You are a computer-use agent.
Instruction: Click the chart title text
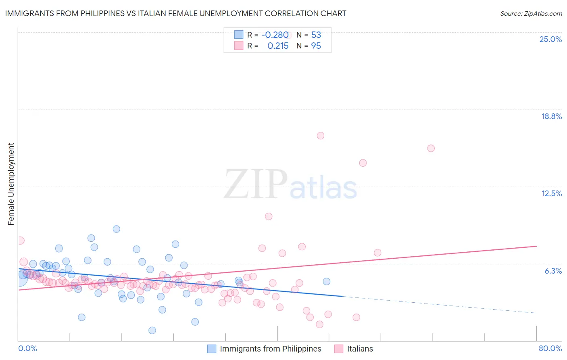click(x=175, y=13)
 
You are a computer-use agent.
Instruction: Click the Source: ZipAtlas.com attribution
click(x=531, y=13)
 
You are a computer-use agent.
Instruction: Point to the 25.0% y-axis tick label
click(x=550, y=39)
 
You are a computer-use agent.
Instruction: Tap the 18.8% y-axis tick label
click(x=551, y=116)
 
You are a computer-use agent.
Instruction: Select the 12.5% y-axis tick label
click(x=551, y=193)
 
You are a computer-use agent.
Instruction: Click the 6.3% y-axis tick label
click(x=553, y=271)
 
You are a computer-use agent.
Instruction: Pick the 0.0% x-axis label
click(x=27, y=348)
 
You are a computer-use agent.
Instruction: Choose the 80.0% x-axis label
click(x=550, y=348)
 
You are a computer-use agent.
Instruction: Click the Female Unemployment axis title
click(x=11, y=184)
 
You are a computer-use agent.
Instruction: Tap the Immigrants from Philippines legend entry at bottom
click(x=270, y=349)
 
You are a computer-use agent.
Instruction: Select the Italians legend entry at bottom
click(x=360, y=349)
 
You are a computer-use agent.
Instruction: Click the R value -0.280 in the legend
click(x=275, y=35)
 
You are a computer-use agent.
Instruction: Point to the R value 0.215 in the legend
click(x=278, y=46)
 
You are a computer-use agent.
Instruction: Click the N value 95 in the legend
click(x=316, y=46)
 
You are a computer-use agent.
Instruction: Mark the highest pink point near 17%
click(x=321, y=136)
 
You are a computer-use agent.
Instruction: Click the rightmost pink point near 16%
click(x=431, y=148)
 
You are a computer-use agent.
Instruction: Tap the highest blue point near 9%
click(x=117, y=229)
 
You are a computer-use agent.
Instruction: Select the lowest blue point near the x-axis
click(x=152, y=330)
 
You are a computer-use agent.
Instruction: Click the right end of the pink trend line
click(x=536, y=246)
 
